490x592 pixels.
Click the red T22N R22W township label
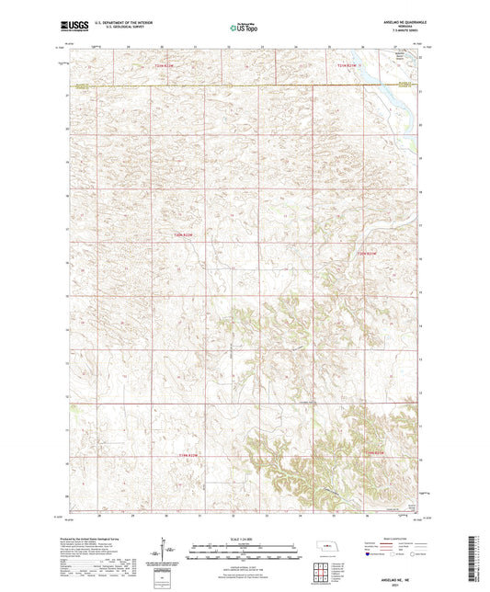[x=164, y=66]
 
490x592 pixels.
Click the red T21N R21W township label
[x=367, y=252]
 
